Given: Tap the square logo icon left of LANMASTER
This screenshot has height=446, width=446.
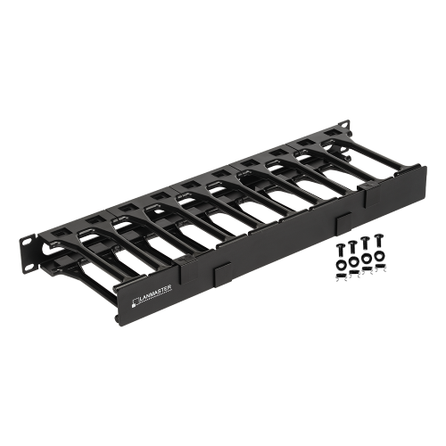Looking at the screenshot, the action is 136,302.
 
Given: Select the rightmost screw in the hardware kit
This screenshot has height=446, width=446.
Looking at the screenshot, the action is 378,241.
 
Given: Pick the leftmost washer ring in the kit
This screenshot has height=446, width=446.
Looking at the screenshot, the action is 341,264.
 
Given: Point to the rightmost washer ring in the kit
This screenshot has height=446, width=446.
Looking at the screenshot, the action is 379,255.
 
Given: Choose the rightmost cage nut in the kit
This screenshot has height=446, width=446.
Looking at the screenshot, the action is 380,267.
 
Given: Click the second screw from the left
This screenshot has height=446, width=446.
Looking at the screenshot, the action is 352,248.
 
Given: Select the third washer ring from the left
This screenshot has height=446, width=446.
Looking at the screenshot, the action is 367,259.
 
